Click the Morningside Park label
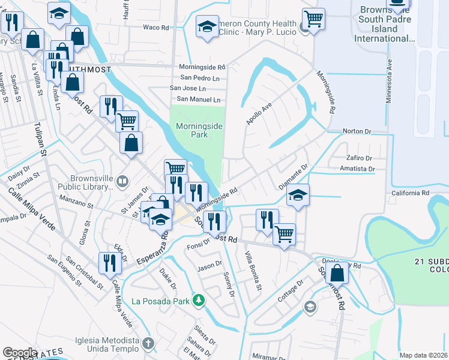tap(191, 130)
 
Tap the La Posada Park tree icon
tap(197, 300)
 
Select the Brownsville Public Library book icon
tap(122, 180)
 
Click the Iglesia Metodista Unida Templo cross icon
tap(148, 344)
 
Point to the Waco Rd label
tap(156, 27)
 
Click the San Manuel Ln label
tap(198, 99)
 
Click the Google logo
tap(20, 352)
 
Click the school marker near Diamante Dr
tap(297, 195)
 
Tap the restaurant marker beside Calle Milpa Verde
tap(109, 262)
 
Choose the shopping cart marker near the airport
tap(313, 19)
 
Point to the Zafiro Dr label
tap(360, 157)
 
